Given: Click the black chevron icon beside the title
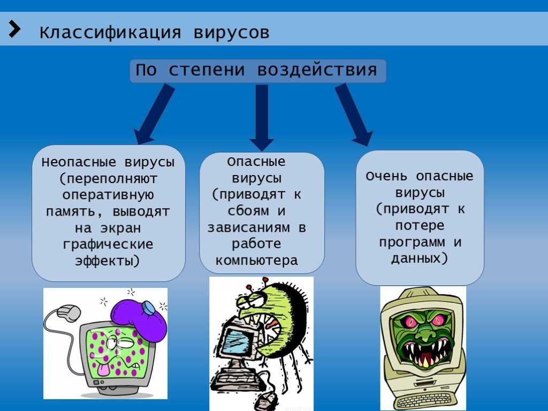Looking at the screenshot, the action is [14, 29].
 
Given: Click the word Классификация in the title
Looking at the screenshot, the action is [110, 33].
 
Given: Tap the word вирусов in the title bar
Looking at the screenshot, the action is [231, 33].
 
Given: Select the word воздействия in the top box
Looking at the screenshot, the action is [317, 70].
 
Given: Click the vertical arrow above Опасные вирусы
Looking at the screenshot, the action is [262, 118].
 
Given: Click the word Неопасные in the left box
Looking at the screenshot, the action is [79, 162].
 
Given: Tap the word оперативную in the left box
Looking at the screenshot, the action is [108, 195].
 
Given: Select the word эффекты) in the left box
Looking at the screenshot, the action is [107, 261].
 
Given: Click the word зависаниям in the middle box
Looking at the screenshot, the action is [248, 228].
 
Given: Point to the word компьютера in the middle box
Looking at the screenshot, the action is [257, 261].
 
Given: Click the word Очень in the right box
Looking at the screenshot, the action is [386, 176].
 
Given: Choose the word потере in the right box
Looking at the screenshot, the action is [420, 226].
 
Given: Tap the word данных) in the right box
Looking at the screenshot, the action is [420, 258].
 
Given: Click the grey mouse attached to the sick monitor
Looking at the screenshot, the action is [68, 313].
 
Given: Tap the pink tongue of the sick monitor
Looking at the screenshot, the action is [103, 370].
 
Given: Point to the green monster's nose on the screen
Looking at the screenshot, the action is [424, 333].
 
